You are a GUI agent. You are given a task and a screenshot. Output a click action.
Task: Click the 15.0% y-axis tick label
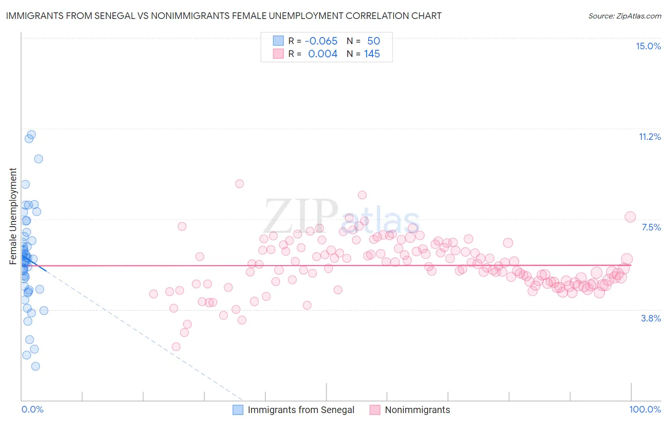pyautogui.click(x=648, y=46)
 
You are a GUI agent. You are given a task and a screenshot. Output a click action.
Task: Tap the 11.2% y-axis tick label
pyautogui.click(x=649, y=137)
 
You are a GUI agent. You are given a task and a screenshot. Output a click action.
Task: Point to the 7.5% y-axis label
pyautogui.click(x=651, y=228)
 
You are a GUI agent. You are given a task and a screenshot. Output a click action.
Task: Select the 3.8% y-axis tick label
pyautogui.click(x=651, y=318)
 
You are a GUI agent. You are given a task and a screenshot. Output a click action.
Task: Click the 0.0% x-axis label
pyautogui.click(x=32, y=409)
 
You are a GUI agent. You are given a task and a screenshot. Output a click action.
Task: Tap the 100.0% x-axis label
pyautogui.click(x=645, y=409)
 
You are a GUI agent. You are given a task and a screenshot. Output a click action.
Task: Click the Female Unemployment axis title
pyautogui.click(x=13, y=216)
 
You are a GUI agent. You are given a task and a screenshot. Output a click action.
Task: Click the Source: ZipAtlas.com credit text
pyautogui.click(x=624, y=16)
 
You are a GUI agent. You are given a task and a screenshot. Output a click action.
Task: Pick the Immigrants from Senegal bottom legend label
pyautogui.click(x=301, y=410)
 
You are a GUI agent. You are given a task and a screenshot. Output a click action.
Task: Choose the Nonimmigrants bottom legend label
pyautogui.click(x=417, y=410)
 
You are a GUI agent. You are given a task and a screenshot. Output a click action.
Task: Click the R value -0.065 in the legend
pyautogui.click(x=321, y=41)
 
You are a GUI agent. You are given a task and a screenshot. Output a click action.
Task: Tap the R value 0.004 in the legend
pyautogui.click(x=323, y=54)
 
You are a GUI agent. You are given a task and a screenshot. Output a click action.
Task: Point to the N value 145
pyautogui.click(x=372, y=54)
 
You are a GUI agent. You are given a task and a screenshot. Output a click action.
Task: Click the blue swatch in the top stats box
pyautogui.click(x=278, y=41)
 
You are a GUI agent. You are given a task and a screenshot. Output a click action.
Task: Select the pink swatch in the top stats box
pyautogui.click(x=278, y=54)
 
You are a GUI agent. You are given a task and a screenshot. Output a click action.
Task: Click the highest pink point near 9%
pyautogui.click(x=240, y=184)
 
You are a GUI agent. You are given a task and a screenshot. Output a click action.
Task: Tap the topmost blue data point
pyautogui.click(x=31, y=135)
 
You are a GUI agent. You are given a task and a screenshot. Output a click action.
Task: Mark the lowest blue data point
pyautogui.click(x=36, y=366)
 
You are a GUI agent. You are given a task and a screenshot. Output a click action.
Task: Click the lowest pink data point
pyautogui.click(x=176, y=347)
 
